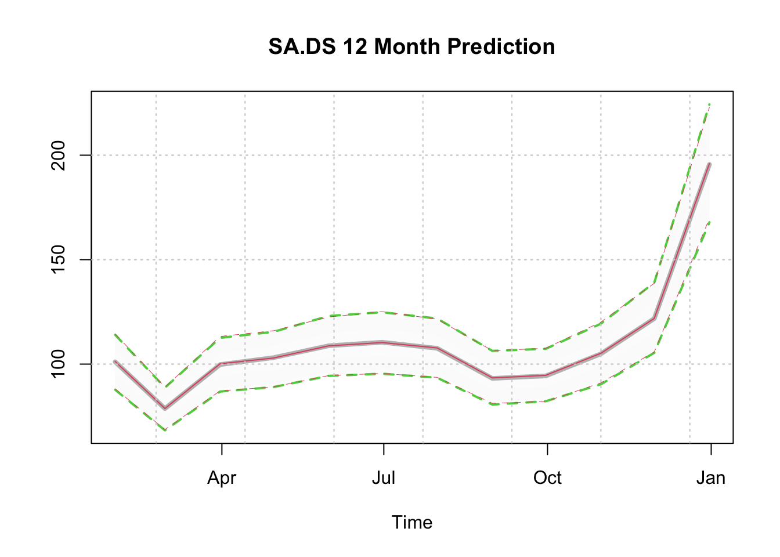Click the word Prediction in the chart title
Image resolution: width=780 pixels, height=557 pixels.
coord(501,46)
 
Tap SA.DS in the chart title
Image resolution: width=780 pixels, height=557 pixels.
coord(302,46)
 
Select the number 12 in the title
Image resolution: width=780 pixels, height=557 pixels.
coord(355,46)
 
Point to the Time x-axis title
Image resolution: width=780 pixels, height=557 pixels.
coord(412,522)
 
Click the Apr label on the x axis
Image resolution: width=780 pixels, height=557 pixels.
coord(222,478)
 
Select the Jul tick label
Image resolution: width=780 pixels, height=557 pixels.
coord(384,478)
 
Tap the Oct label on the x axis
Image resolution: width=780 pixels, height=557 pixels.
coord(547,478)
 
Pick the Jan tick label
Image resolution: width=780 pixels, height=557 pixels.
coord(711,478)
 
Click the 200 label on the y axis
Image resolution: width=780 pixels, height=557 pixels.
coord(58,155)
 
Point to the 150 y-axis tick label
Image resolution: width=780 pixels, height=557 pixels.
coord(58,259)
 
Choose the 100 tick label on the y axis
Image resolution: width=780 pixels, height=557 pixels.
coord(58,364)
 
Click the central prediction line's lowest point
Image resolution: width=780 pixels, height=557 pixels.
coord(165,408)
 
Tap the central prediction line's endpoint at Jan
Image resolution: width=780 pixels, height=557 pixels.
coord(710,164)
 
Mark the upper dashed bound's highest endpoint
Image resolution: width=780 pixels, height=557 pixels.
coord(710,104)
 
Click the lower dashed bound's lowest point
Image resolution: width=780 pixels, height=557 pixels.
coord(165,431)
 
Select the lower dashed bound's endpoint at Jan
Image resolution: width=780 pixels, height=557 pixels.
coord(710,222)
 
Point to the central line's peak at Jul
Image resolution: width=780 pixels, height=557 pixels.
coord(382,342)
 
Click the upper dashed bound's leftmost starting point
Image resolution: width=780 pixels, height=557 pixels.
coord(114,334)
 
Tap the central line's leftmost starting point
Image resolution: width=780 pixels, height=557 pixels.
coord(114,361)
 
